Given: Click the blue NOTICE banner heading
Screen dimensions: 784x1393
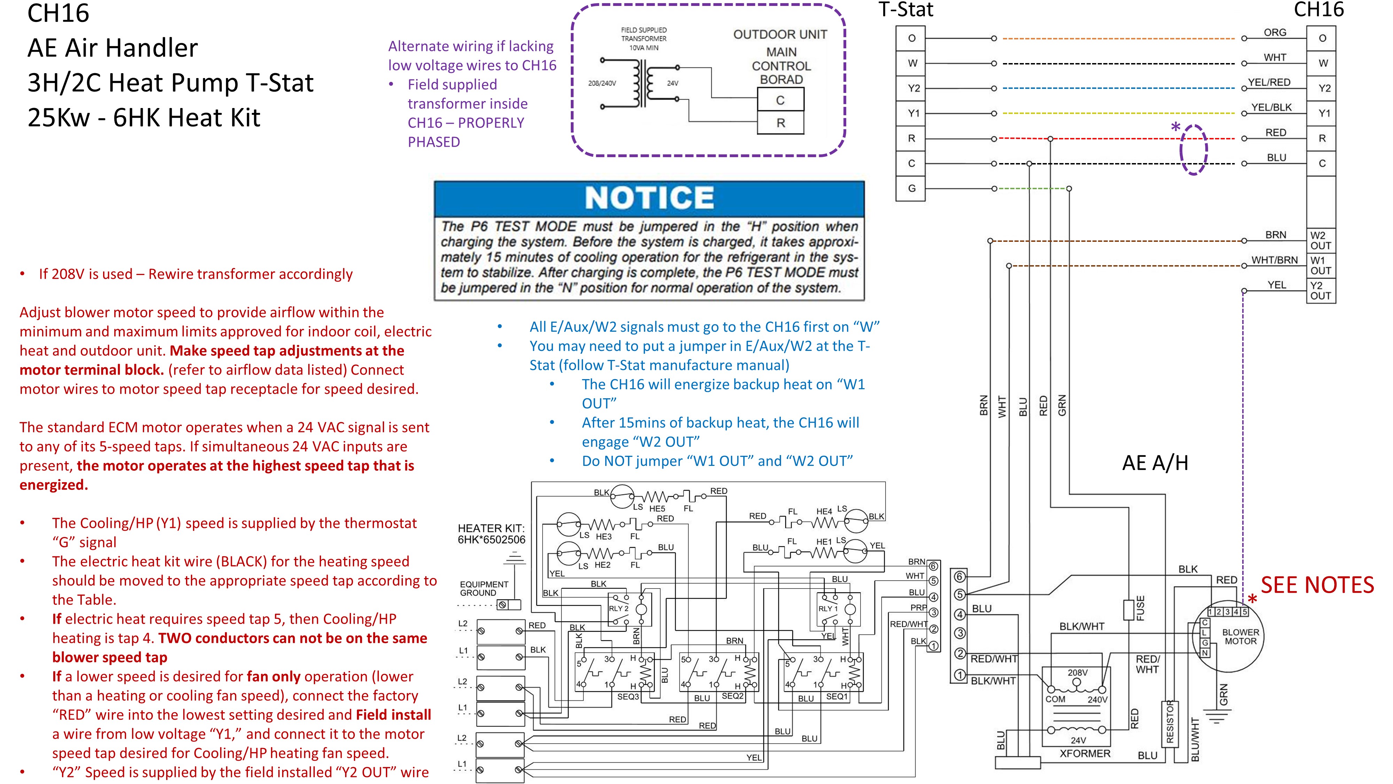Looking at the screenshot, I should tap(649, 198).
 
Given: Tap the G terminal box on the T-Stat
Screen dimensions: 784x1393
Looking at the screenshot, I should tap(912, 188).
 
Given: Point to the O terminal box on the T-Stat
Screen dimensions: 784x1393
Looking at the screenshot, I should tap(912, 38).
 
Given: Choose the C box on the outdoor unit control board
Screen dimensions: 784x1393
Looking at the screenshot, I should tap(780, 100).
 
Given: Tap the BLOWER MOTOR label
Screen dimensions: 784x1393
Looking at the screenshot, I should tap(1240, 636).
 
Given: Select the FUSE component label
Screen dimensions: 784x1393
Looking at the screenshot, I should tap(1140, 608).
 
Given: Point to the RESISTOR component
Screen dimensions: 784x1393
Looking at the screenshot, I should tap(1170, 722).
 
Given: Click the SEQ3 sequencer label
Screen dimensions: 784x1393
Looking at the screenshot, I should tap(628, 696).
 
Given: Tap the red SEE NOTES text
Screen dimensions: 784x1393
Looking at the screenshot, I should tap(1317, 585).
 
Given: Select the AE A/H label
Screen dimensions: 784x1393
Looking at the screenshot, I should tap(1155, 463).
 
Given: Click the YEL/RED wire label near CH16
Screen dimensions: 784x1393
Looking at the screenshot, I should tap(1269, 82).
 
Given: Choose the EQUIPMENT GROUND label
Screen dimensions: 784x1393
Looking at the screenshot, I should tap(484, 588).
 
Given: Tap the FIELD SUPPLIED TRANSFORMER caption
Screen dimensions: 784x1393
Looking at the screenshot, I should tap(644, 38).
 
